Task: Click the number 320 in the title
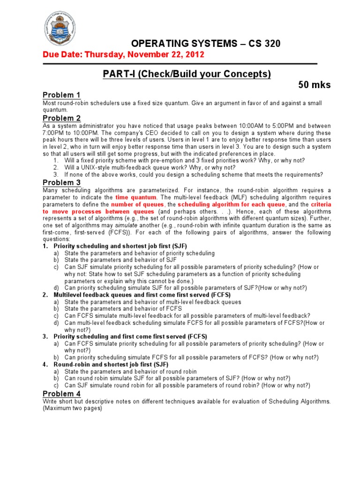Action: tap(270, 44)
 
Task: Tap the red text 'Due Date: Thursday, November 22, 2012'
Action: tap(123, 54)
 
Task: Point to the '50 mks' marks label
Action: tap(315, 85)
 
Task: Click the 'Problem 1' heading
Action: tap(61, 95)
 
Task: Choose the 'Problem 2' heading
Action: tap(61, 118)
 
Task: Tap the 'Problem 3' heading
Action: tap(61, 182)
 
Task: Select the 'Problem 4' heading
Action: tap(61, 394)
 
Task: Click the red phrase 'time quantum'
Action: tap(136, 198)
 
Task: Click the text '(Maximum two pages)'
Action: tap(72, 408)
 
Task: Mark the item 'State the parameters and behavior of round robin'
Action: tap(130, 371)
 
